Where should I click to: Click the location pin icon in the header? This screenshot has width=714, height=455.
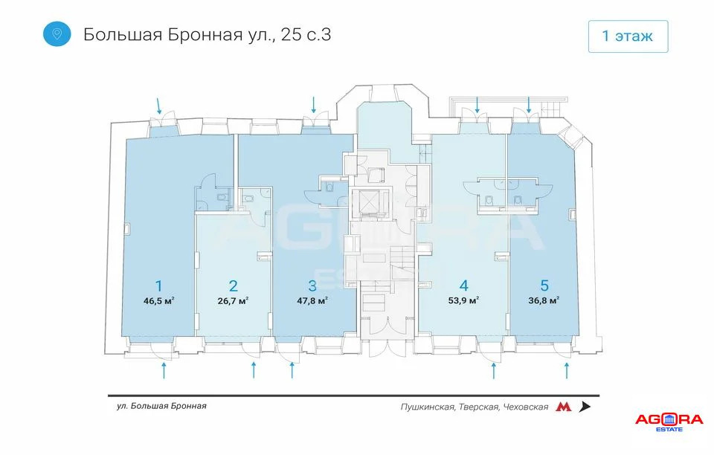(57, 33)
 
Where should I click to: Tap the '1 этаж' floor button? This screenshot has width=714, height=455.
(628, 36)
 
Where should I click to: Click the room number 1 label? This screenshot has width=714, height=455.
(158, 285)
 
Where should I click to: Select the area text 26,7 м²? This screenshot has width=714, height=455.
(233, 301)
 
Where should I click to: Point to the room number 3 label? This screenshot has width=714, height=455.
(312, 285)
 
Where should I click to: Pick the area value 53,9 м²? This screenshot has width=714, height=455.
(463, 301)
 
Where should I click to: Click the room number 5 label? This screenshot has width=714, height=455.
(544, 285)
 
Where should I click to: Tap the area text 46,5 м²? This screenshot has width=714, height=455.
(158, 301)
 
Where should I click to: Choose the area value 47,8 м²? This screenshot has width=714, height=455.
(312, 301)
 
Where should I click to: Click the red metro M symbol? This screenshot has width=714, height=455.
(564, 407)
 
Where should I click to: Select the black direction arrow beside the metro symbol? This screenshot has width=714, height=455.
(585, 407)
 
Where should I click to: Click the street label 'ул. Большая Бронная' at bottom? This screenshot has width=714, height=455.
(161, 406)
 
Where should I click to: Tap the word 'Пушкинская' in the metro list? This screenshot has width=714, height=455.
(427, 407)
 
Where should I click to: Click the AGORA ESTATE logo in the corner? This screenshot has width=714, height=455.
(669, 421)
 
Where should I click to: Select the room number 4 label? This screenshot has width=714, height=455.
(463, 285)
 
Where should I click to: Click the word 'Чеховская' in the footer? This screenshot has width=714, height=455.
(525, 407)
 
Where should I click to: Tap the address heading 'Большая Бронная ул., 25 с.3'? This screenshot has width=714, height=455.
(207, 34)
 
